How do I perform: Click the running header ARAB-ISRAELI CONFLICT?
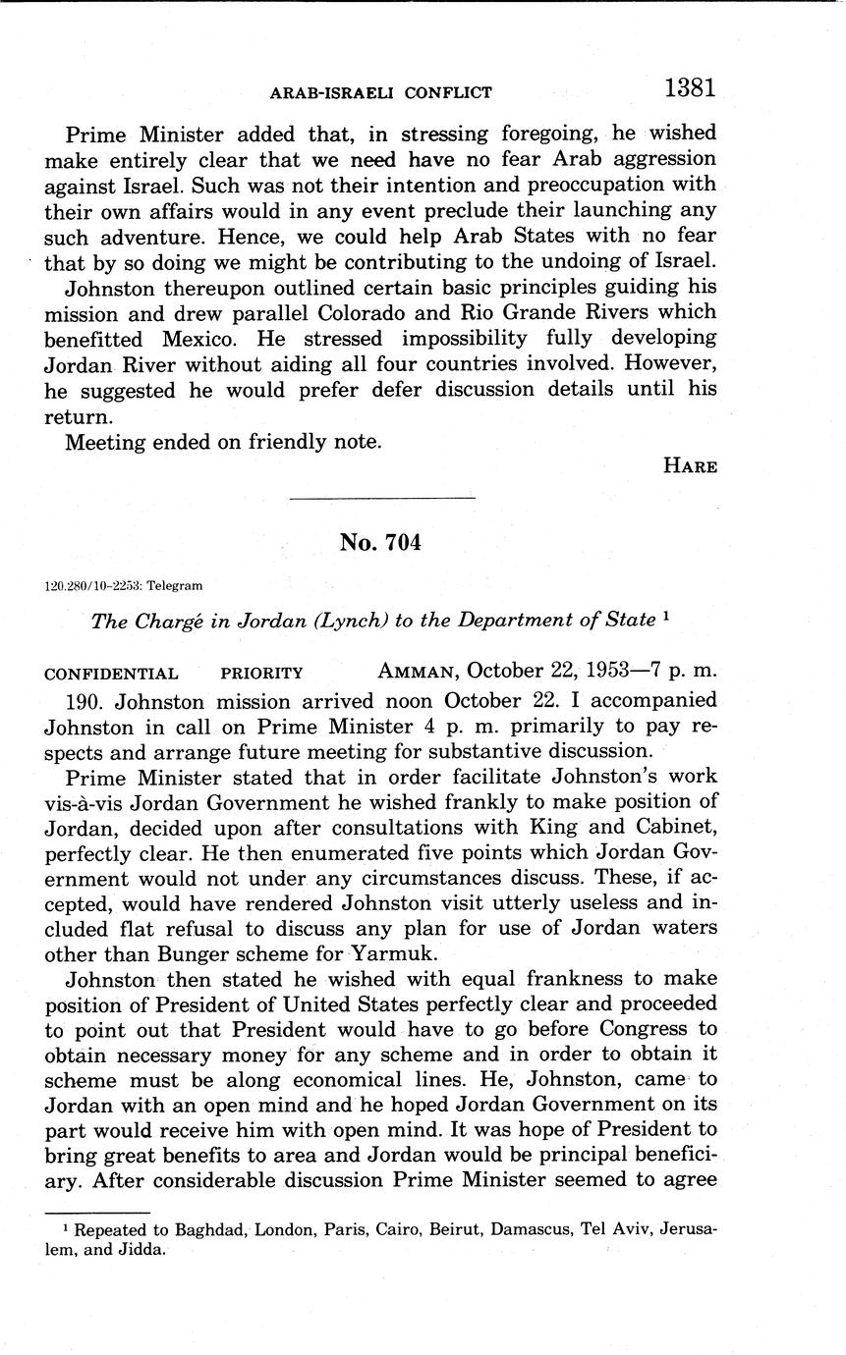380,93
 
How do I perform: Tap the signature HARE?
690,466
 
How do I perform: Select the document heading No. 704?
380,542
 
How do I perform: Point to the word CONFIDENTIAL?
111,675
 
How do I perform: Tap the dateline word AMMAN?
419,673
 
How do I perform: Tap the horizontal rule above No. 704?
383,499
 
